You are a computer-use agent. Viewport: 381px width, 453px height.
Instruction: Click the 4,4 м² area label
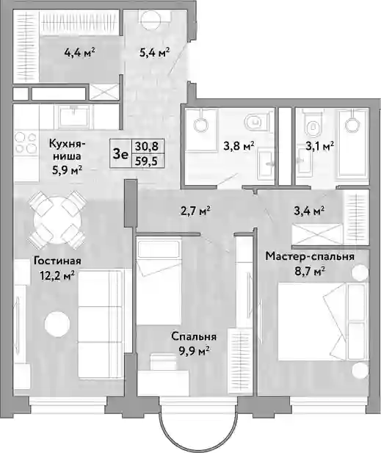click(x=80, y=53)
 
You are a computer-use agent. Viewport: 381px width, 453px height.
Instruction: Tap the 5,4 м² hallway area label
click(x=154, y=53)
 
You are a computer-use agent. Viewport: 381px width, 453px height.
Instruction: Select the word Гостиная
click(x=57, y=261)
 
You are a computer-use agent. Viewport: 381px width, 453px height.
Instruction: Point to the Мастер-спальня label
click(x=310, y=256)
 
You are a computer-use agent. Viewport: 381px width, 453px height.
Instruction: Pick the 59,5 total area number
click(x=148, y=162)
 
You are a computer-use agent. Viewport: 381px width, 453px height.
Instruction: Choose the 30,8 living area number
click(x=148, y=147)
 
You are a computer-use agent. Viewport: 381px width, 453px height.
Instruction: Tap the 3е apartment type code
click(x=120, y=154)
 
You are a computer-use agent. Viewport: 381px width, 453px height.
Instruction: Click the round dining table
click(x=57, y=220)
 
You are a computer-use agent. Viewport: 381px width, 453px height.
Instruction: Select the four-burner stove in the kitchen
click(x=26, y=142)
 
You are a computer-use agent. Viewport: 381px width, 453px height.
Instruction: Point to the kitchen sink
click(x=74, y=117)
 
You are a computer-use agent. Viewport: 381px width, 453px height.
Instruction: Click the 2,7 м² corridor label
click(x=194, y=211)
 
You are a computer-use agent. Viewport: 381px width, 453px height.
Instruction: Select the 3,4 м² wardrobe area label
click(x=308, y=211)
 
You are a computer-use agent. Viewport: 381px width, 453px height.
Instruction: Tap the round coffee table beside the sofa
click(x=57, y=323)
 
